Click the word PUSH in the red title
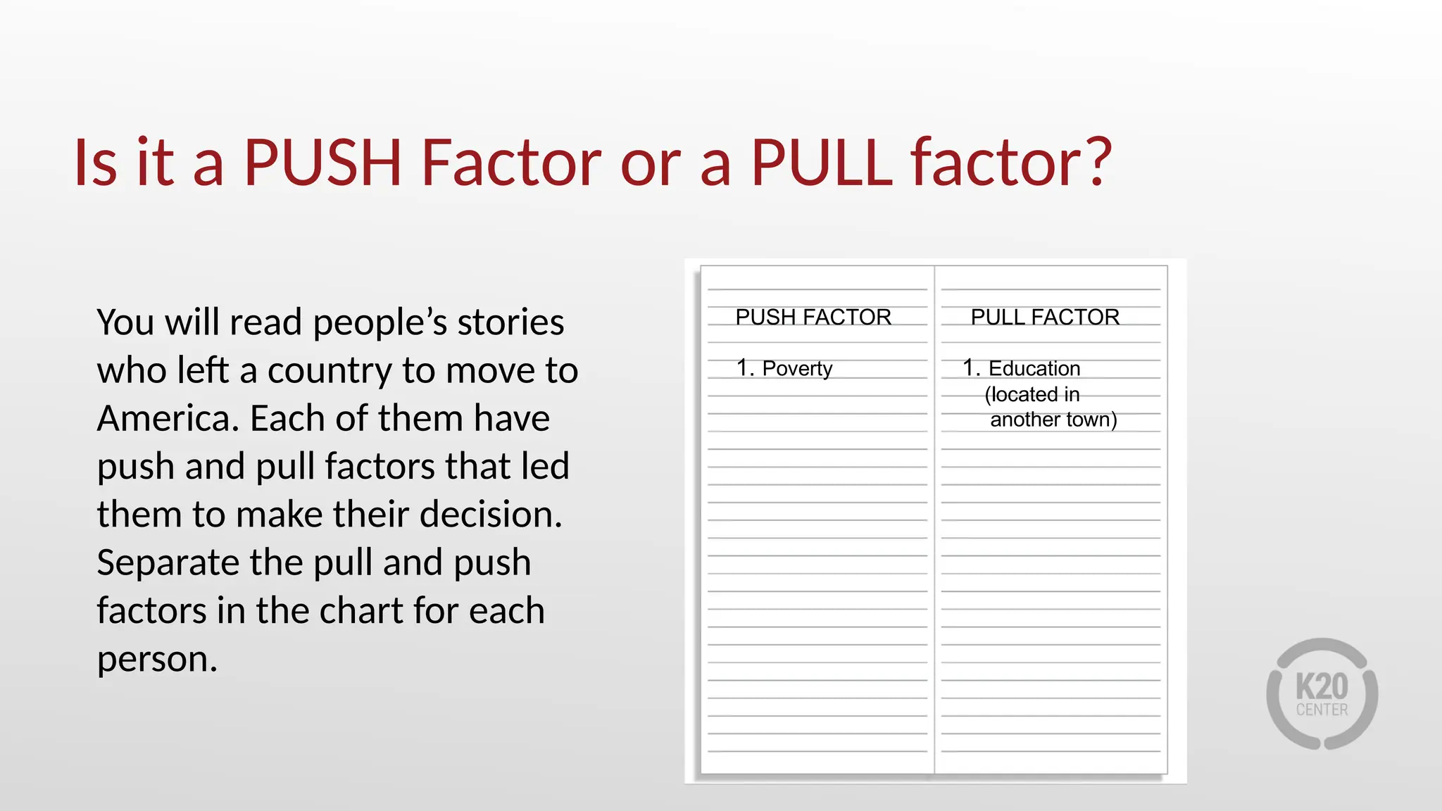322,163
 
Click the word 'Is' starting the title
95,163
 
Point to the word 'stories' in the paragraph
510,323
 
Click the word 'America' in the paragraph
168,419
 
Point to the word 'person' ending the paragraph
156,660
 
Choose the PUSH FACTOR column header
813,318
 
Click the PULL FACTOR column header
1045,318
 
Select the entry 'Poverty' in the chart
797,369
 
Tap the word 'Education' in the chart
1034,369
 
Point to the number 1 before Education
970,368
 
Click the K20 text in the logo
1322,686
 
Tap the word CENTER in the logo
1322,710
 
